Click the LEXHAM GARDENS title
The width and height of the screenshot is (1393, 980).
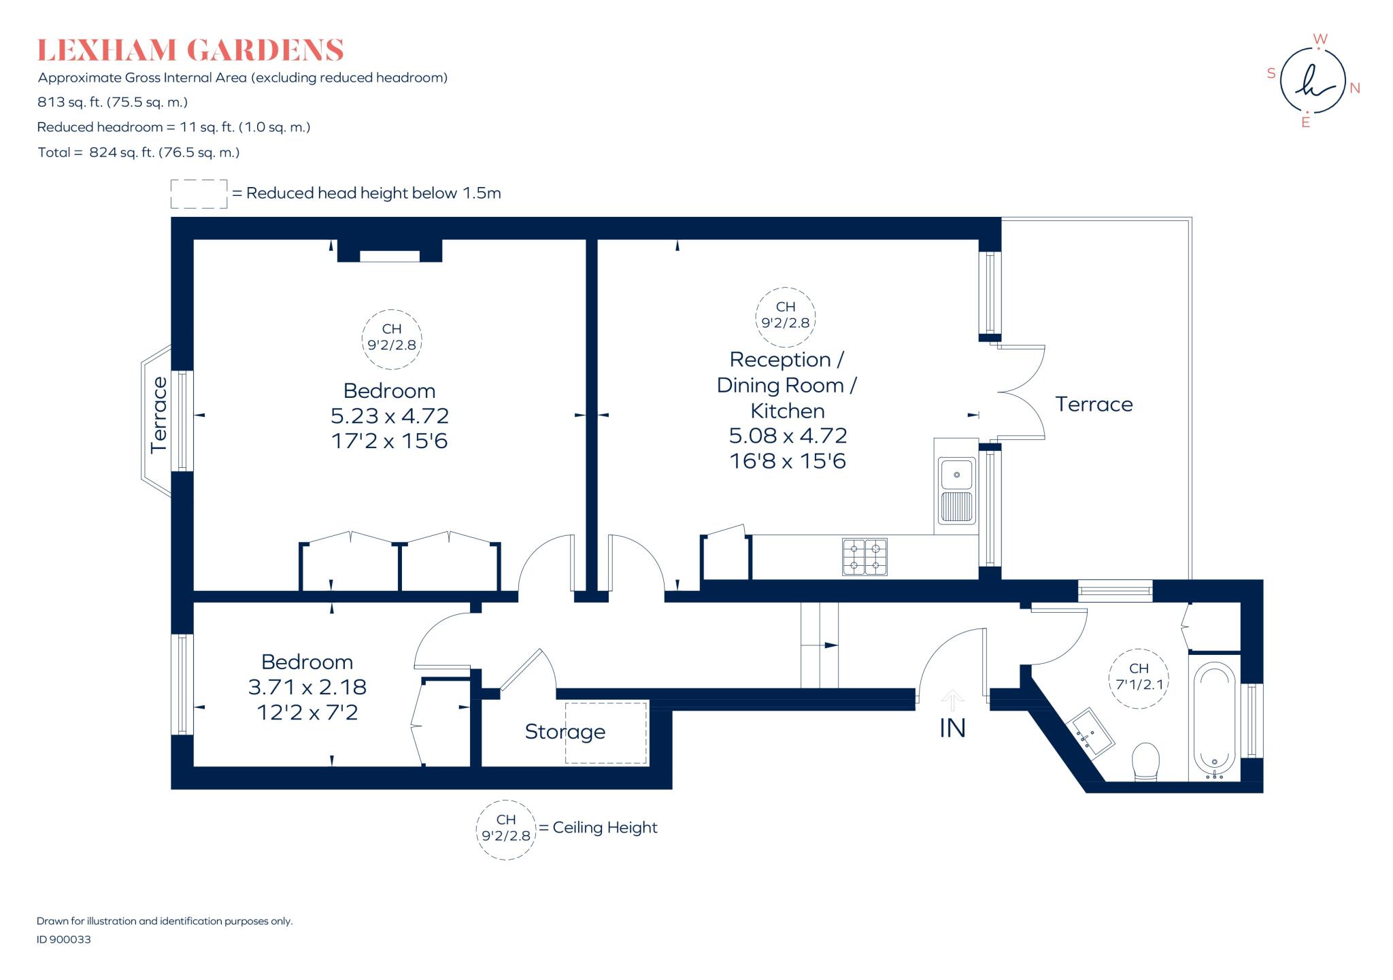pos(190,50)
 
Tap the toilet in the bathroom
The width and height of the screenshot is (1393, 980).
pos(1145,762)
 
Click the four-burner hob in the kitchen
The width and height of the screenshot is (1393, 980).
pos(865,557)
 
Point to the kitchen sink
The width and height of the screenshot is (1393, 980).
pos(956,490)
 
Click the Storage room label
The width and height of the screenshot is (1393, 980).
pos(565,732)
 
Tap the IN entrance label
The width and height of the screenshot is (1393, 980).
pos(952,728)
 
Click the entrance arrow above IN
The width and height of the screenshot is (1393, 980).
pos(952,700)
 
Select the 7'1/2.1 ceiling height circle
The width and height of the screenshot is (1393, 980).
pos(1139,678)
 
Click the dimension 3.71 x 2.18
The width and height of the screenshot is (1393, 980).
pos(307,687)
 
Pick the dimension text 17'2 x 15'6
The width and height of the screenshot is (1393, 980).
pos(390,441)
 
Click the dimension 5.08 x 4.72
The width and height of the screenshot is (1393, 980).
pos(788,435)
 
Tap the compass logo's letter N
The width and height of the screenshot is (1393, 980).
pos(1355,88)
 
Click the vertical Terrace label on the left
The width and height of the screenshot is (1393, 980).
pos(158,415)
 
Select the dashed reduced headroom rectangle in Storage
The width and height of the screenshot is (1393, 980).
pos(605,732)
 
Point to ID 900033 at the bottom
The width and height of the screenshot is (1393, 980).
pos(63,939)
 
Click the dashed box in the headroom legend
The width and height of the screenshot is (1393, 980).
pos(199,194)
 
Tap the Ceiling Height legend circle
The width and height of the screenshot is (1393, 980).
pos(506,830)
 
